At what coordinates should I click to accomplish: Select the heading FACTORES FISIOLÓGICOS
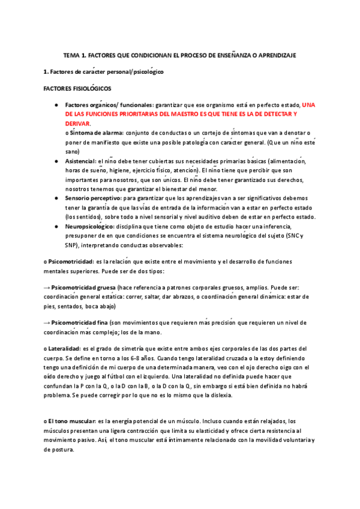[x=77, y=88]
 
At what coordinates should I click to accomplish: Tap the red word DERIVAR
[x=77, y=122]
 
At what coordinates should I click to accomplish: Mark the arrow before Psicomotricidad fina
[x=46, y=322]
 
